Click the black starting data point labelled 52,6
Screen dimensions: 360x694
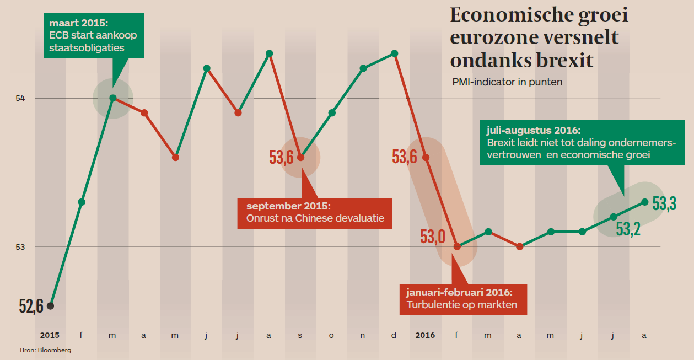point(50,305)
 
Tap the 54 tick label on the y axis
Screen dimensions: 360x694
point(20,98)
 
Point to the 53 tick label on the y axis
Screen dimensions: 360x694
point(20,246)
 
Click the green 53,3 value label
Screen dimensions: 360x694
point(664,204)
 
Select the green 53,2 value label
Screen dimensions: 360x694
point(628,228)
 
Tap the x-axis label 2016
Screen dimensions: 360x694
point(425,335)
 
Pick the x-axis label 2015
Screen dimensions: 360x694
point(50,335)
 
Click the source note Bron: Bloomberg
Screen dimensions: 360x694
point(46,350)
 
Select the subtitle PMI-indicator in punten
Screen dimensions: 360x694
point(507,82)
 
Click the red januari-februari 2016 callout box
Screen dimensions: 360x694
point(462,299)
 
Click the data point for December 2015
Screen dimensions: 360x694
point(394,53)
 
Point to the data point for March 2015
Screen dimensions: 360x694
point(112,98)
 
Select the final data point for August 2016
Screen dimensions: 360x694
point(645,202)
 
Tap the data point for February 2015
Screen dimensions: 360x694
point(82,202)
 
